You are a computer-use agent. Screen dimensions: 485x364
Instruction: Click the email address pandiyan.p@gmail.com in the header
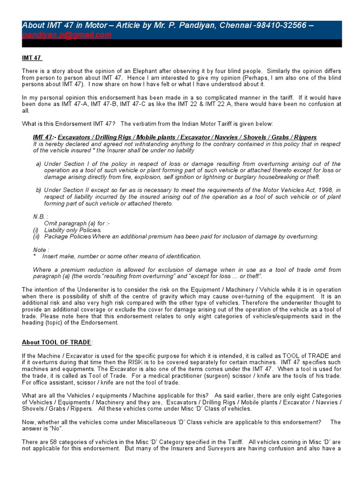[67, 35]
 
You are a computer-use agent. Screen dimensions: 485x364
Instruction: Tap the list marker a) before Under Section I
[38, 164]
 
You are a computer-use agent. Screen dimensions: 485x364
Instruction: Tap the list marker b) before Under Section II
[38, 190]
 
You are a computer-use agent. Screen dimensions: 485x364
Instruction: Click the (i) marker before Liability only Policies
[36, 230]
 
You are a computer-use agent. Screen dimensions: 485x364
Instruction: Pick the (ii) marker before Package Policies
[36, 236]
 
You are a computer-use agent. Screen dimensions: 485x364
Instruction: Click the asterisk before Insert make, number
[35, 256]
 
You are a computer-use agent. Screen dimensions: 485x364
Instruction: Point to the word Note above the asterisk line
[40, 250]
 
